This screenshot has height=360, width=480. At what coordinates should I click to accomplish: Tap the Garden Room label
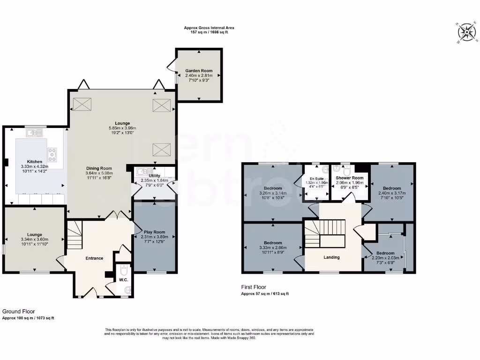coord(199,71)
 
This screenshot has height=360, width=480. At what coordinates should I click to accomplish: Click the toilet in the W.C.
coord(124,271)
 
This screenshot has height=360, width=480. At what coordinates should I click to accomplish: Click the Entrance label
coord(94,258)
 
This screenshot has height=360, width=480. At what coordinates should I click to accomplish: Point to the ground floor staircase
coord(75,236)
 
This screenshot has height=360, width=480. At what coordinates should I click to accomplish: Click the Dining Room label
coord(99,168)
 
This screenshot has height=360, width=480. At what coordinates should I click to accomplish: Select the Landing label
coord(332,257)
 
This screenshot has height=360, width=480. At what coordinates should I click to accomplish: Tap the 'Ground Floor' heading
coord(19,311)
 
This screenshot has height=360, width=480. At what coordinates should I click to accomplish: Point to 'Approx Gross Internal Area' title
coord(209,28)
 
